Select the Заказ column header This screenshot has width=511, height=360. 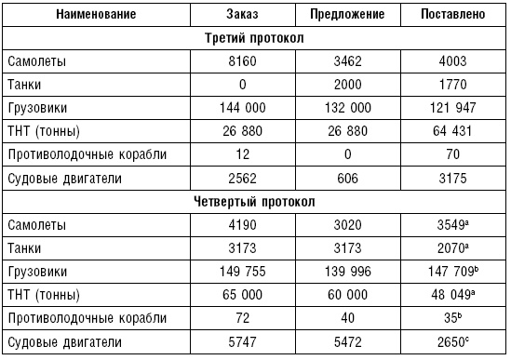[x=241, y=16]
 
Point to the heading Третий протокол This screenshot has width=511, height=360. [x=254, y=39]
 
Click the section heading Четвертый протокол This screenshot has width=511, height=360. [x=254, y=202]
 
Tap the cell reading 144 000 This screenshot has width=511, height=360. [x=241, y=108]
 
